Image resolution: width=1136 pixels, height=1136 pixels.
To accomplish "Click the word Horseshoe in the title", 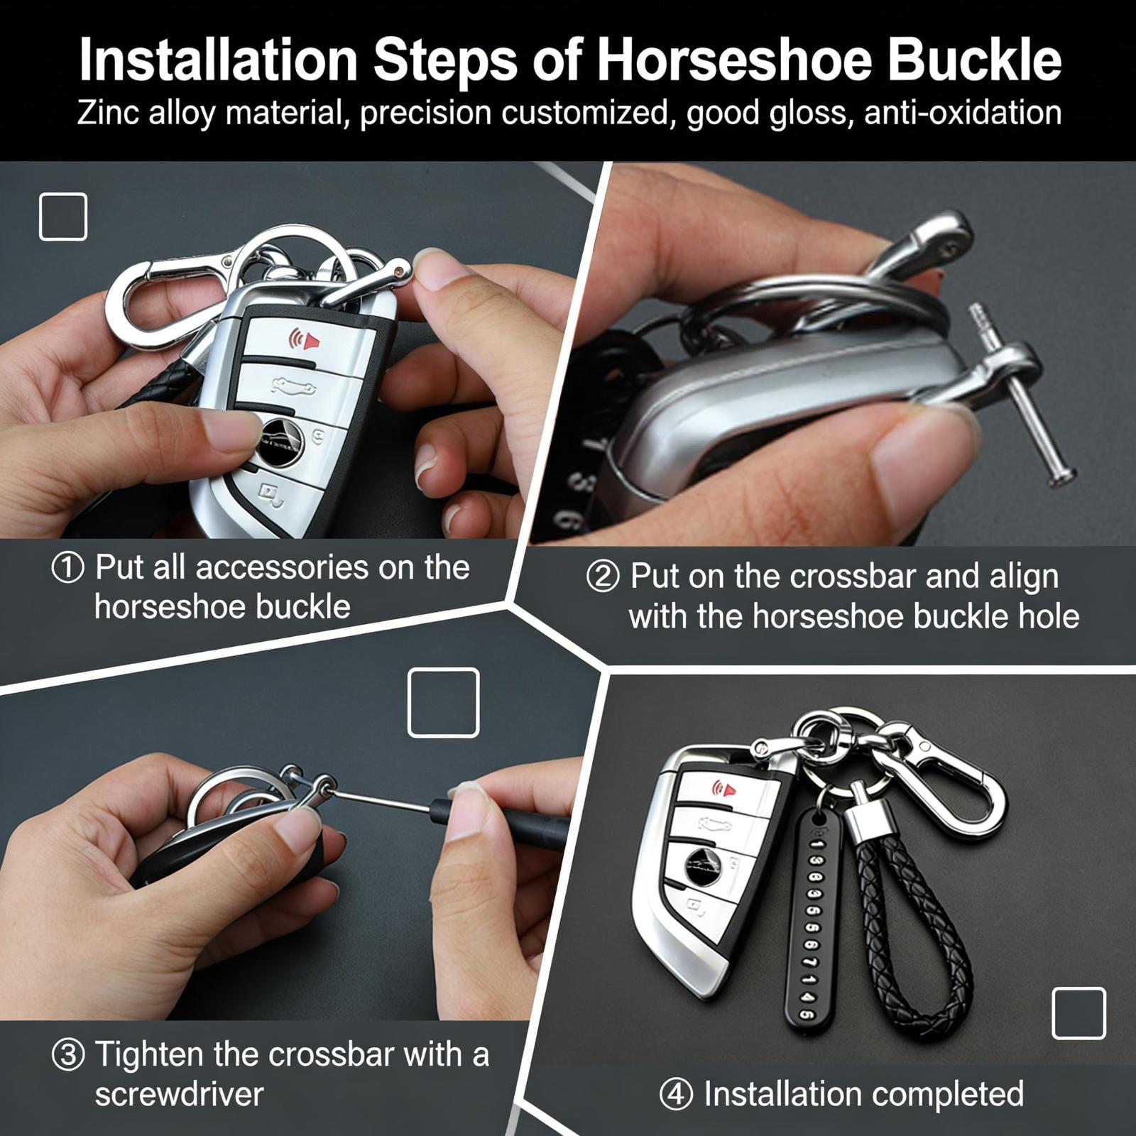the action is pyautogui.click(x=733, y=60).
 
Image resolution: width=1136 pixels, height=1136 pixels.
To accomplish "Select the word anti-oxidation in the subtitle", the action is pyautogui.click(x=963, y=113).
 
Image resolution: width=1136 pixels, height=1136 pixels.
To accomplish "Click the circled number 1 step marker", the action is pyautogui.click(x=68, y=569).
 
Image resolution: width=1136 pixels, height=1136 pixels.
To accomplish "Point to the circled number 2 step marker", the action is pyautogui.click(x=603, y=577).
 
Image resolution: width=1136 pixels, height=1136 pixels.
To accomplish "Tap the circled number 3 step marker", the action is pyautogui.click(x=68, y=1055).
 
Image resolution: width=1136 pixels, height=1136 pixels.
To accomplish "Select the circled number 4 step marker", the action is pyautogui.click(x=676, y=1095).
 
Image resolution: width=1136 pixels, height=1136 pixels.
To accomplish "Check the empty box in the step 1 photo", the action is pyautogui.click(x=63, y=217).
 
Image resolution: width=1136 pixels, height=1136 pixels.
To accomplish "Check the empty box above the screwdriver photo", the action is pyautogui.click(x=444, y=703).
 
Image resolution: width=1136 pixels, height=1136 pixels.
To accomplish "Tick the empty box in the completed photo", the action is pyautogui.click(x=1078, y=1013).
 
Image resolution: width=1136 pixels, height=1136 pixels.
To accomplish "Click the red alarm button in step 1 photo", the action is pyautogui.click(x=303, y=340).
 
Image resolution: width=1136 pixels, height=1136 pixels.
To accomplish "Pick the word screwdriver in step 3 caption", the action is pyautogui.click(x=180, y=1094).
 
